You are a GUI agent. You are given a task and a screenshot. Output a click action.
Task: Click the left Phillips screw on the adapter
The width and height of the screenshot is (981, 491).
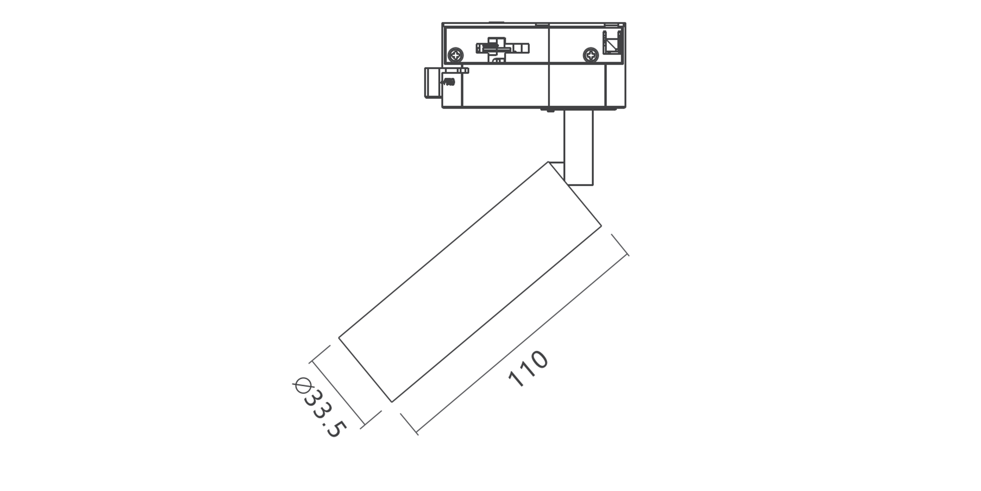[456, 55]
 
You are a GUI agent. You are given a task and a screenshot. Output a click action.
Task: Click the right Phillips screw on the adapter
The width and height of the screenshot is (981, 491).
[590, 55]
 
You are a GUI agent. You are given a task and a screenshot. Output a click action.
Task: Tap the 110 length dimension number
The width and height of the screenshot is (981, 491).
[528, 369]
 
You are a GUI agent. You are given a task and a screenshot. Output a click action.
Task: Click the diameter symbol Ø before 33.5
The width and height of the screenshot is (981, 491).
[301, 385]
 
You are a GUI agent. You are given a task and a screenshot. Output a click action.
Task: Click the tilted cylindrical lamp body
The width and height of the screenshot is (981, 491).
[470, 282]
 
